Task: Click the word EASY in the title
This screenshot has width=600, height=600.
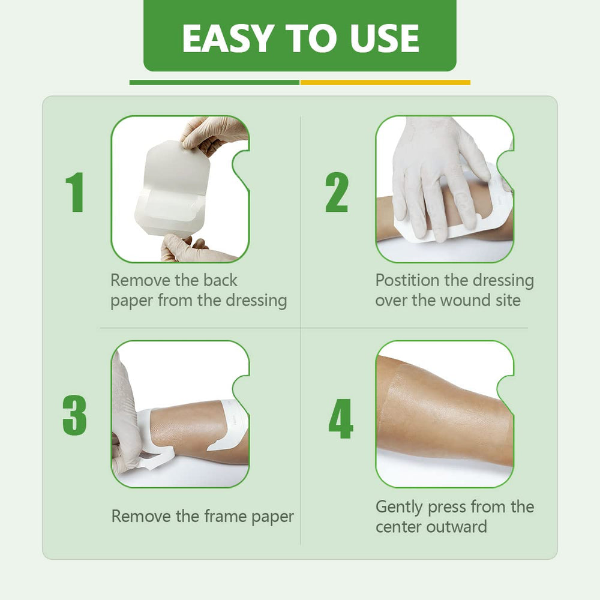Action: [226, 38]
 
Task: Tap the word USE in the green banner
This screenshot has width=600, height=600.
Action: [385, 38]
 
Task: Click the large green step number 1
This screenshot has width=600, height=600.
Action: [75, 192]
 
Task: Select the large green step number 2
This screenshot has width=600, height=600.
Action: [337, 192]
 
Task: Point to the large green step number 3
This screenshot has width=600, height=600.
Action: [74, 415]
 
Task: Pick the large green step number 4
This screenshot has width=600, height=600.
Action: [341, 419]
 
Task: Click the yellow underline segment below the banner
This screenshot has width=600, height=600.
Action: [385, 82]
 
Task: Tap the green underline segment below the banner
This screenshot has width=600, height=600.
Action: [214, 82]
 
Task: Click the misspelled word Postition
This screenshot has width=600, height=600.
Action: [408, 280]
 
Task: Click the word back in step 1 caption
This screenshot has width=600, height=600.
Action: [220, 280]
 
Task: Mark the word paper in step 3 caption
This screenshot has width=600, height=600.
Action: [272, 517]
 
